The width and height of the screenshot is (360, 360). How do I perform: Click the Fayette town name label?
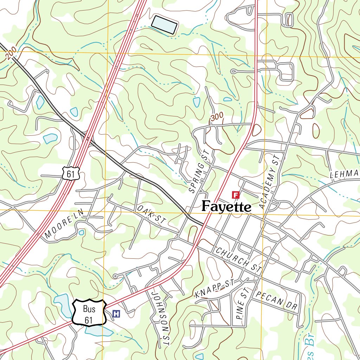(x=226, y=206)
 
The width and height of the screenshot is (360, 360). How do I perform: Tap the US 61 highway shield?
(x=72, y=173)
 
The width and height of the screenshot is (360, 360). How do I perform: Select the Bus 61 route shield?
(x=89, y=312)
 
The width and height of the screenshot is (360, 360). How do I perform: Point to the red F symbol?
(x=235, y=194)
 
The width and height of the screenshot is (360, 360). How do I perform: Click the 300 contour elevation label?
(x=217, y=119)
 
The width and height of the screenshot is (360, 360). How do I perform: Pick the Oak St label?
(x=151, y=215)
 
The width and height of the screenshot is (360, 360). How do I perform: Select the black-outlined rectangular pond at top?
(x=164, y=25)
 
